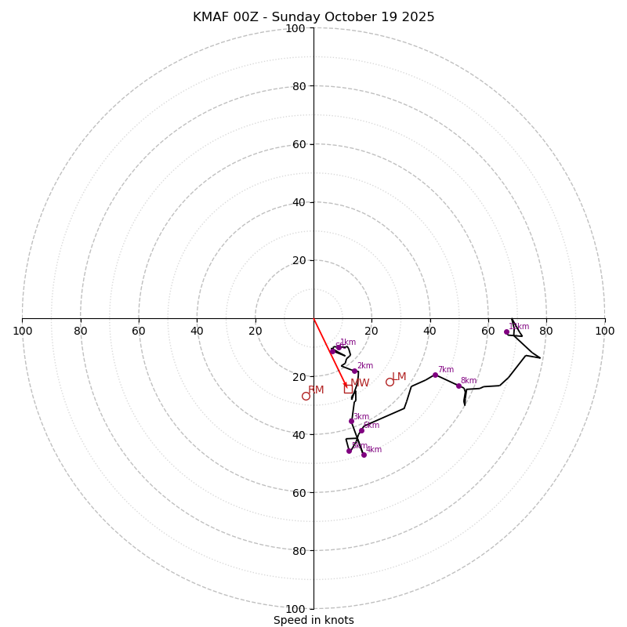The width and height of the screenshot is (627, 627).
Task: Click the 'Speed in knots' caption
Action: tap(313, 620)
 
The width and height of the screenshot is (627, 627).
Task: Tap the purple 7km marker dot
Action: tap(435, 375)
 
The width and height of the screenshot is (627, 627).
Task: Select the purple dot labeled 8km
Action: tap(458, 386)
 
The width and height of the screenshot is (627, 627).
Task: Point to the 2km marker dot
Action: tap(354, 371)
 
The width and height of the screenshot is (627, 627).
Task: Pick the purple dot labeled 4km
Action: tap(364, 455)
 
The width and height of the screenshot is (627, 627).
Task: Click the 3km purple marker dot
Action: tap(351, 421)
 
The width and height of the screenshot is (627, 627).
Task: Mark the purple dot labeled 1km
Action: tap(338, 347)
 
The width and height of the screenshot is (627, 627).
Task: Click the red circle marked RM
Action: tap(306, 396)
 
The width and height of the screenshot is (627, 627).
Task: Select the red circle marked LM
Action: tap(390, 382)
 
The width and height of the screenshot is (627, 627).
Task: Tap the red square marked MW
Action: tap(348, 388)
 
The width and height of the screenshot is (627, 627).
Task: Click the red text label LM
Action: tap(399, 377)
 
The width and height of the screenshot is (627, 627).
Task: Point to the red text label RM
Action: tap(316, 390)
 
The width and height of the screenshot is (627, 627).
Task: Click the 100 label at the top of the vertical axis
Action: tap(295, 28)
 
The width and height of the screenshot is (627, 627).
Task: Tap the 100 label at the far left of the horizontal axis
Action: tap(22, 331)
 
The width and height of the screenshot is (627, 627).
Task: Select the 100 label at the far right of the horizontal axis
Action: tap(604, 331)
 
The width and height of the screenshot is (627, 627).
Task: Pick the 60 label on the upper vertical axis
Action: tap(299, 144)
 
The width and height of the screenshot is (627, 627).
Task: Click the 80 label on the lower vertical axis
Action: tap(299, 551)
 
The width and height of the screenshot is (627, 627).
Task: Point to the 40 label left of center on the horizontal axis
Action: tap(197, 331)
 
